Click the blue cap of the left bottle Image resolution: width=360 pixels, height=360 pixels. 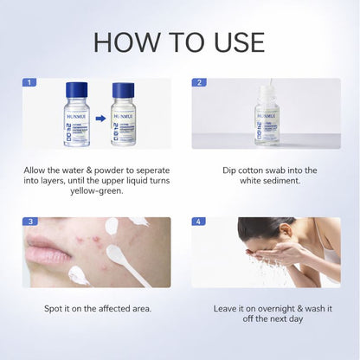75,89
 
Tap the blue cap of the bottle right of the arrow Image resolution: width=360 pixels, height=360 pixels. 123,89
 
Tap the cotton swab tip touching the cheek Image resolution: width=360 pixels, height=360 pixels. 112,226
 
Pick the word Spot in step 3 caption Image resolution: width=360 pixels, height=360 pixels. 55,307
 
